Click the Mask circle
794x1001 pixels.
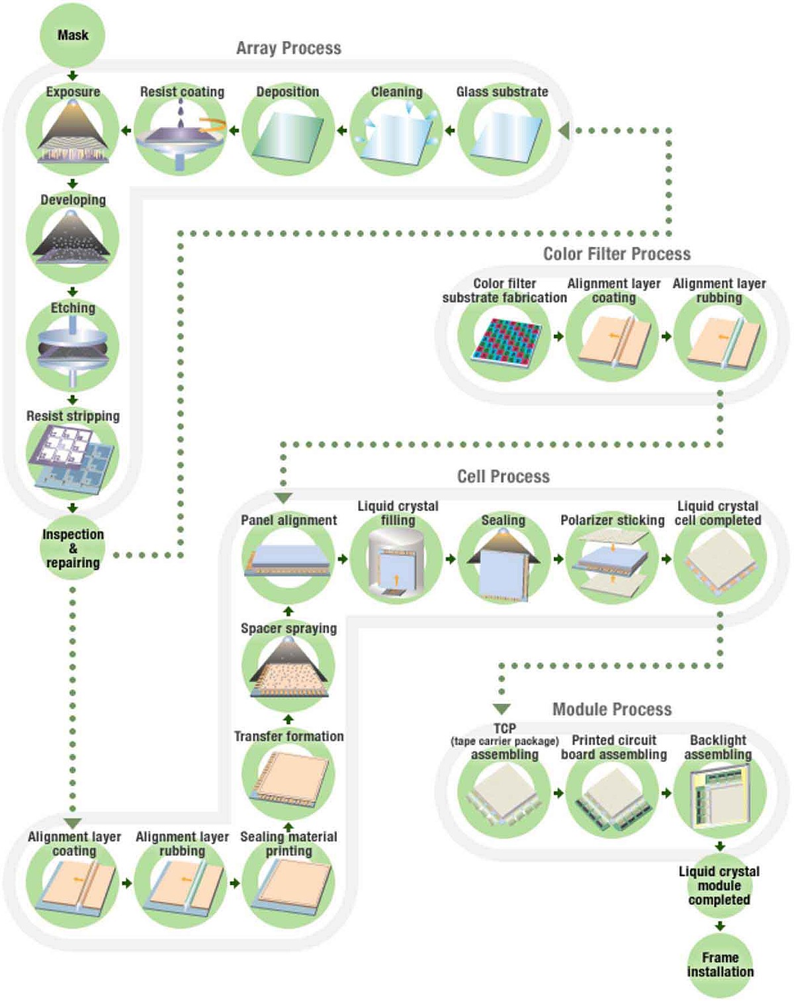72,35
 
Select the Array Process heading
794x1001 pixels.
288,48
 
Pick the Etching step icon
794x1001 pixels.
72,348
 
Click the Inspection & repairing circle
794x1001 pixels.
72,548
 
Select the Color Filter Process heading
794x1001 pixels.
617,254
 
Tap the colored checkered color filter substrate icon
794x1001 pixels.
504,340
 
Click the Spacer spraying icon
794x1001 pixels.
288,669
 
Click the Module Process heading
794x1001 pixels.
612,710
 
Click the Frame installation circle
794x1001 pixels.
720,965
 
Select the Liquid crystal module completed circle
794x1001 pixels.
719,886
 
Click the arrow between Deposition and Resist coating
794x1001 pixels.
234,130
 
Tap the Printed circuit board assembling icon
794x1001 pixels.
612,798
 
